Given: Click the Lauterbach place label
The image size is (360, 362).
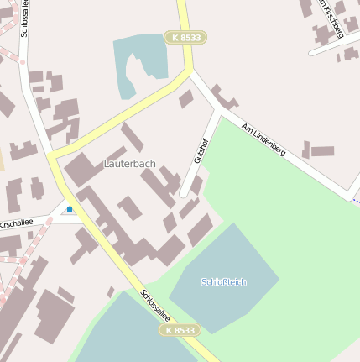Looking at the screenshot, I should click(130, 163).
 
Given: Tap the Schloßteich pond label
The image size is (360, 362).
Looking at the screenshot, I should click(224, 282).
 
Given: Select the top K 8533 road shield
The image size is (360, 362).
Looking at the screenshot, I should click(185, 38).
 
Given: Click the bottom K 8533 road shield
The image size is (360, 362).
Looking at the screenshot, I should click(180, 330).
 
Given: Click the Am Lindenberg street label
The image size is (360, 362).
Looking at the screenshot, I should click(263, 139).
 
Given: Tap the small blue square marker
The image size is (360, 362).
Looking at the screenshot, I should click(70, 208).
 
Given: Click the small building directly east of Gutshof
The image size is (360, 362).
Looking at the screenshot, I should click(196, 184).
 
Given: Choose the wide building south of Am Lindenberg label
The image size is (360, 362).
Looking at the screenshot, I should click(322, 152).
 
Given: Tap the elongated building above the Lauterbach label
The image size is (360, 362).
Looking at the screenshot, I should click(132, 138).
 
